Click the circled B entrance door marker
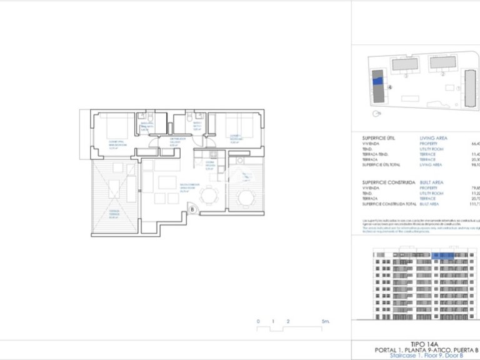pyautogui.click(x=192, y=209)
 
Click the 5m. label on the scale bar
pyautogui.click(x=326, y=321)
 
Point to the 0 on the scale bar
pyautogui.click(x=258, y=321)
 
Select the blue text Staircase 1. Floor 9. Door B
pyautogui.click(x=417, y=355)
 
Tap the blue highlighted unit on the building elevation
pyautogui.click(x=443, y=255)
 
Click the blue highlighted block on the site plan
pyautogui.click(x=377, y=80)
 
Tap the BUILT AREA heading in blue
pyautogui.click(x=432, y=182)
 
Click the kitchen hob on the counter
pyautogui.click(x=212, y=154)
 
